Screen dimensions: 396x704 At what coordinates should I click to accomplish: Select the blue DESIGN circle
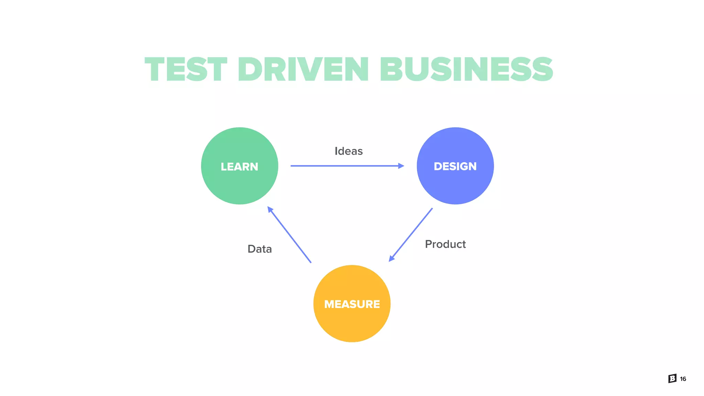[455, 186]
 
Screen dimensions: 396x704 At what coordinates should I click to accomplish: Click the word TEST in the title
[186, 70]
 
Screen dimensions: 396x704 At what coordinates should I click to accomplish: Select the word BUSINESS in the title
[466, 70]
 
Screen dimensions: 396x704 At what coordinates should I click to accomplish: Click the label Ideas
[349, 151]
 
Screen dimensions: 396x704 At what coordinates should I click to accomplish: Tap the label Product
[445, 244]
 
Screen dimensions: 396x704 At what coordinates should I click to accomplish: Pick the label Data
[260, 249]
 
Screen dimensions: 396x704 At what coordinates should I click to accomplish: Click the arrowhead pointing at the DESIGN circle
[401, 166]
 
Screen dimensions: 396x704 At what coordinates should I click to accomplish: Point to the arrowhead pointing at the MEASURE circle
[392, 258]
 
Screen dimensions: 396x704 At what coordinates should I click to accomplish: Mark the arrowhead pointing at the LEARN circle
[270, 209]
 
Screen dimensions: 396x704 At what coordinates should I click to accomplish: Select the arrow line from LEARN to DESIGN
[344, 166]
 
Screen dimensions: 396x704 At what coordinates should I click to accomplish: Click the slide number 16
[683, 379]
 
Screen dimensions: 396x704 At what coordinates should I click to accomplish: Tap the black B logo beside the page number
[672, 378]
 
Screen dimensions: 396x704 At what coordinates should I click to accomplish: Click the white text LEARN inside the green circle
[240, 167]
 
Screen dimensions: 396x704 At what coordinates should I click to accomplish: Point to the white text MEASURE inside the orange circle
[352, 304]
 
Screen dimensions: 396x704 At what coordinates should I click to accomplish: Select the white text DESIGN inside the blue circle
[455, 166]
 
